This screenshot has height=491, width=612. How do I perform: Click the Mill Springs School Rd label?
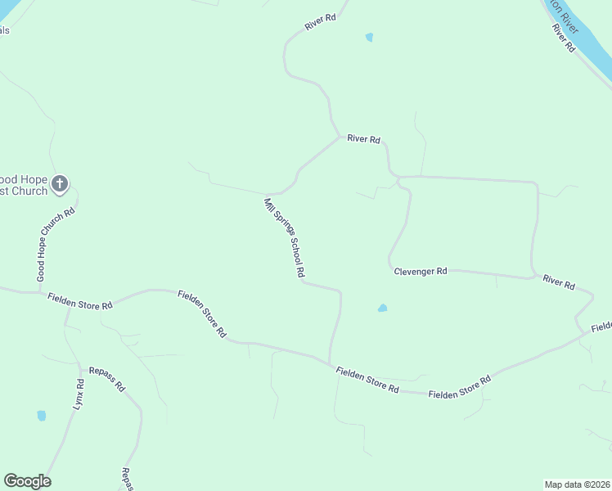pos(284,237)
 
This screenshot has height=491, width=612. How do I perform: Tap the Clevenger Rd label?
pos(420,271)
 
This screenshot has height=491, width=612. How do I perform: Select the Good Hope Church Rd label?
pos(56,245)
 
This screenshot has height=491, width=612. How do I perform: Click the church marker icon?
pos(59,184)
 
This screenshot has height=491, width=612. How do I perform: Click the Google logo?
pos(27,481)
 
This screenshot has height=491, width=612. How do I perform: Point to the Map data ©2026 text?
pos(577,484)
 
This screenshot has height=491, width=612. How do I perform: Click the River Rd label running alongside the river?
pos(564,38)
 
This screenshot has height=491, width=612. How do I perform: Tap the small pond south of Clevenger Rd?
pos(382,309)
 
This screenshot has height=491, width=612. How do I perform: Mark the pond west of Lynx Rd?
pos(41,416)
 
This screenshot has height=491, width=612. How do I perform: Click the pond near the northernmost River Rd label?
pos(369,37)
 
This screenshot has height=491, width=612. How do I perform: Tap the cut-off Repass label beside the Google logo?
pos(126,478)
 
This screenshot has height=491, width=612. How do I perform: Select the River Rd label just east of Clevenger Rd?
pos(559,283)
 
